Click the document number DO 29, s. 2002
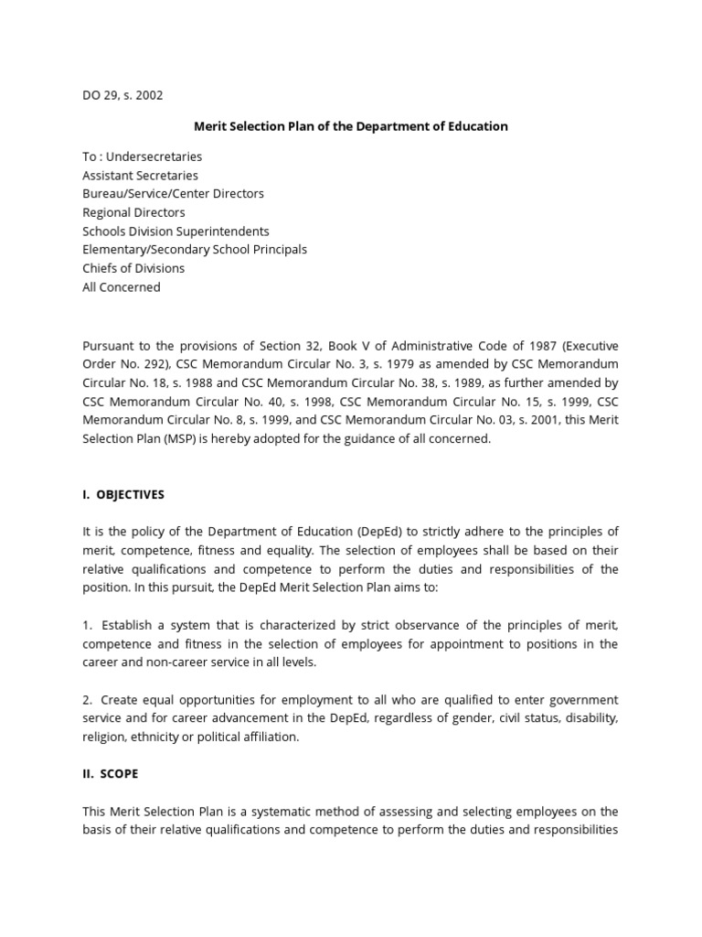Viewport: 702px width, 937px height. click(x=122, y=94)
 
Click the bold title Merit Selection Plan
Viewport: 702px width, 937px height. click(x=350, y=126)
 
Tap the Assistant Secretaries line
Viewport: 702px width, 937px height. click(x=140, y=175)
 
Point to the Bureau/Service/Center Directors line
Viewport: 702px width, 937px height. click(x=173, y=194)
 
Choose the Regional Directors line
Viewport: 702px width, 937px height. click(x=133, y=212)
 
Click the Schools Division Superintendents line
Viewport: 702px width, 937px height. click(x=175, y=232)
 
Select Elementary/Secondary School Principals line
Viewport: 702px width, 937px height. click(x=195, y=250)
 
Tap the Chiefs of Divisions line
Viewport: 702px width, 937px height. click(x=133, y=268)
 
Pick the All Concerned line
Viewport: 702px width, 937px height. click(x=122, y=287)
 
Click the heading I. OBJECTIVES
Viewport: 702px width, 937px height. click(x=123, y=494)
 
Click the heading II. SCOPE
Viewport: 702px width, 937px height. click(x=111, y=773)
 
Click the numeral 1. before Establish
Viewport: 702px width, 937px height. click(x=88, y=625)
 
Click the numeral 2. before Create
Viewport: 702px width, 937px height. click(x=88, y=700)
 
